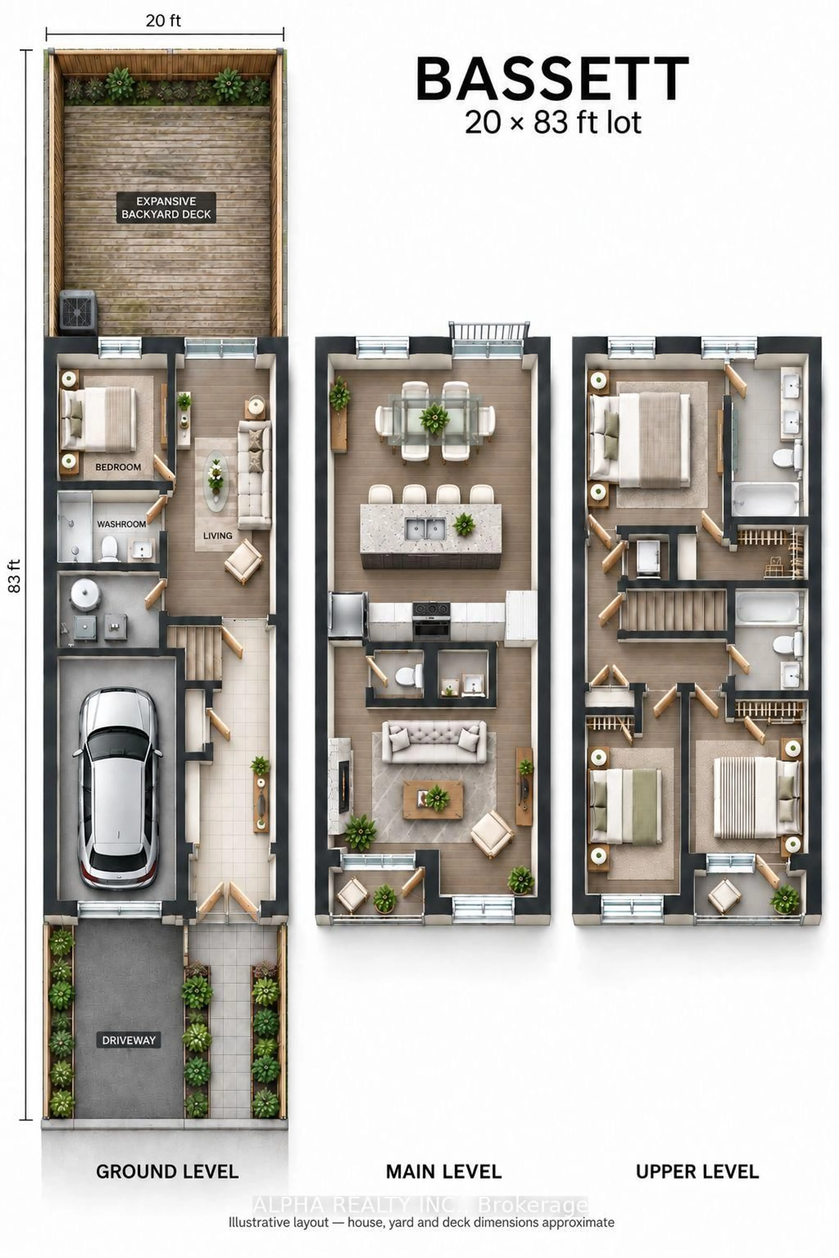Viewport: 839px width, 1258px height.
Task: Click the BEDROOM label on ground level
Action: tap(118, 467)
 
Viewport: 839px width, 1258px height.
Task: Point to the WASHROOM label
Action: tap(121, 524)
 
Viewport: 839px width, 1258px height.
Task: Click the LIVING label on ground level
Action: tap(218, 535)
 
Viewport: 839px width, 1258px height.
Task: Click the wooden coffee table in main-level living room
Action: tap(433, 800)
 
